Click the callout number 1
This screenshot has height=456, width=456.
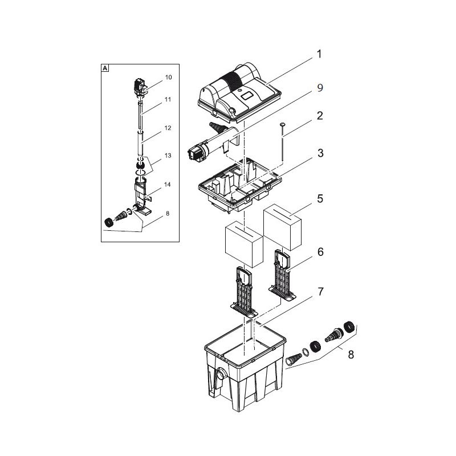[x=320, y=55]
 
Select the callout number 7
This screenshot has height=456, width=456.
[x=320, y=292]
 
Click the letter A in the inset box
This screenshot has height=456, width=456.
[x=105, y=68]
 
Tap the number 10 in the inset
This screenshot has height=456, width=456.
[x=152, y=76]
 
